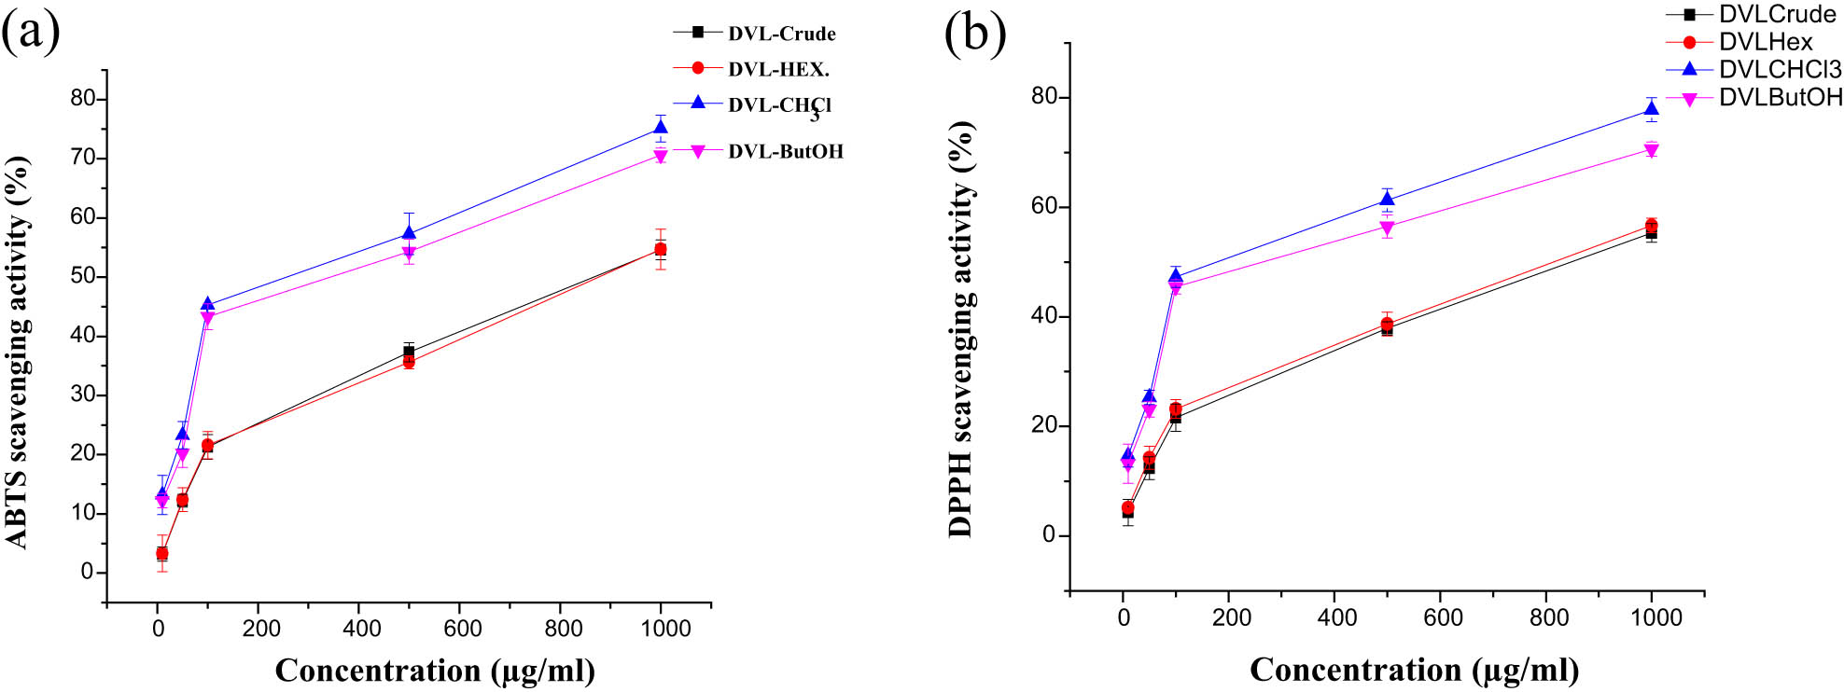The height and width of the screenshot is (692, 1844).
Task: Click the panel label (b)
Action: [975, 35]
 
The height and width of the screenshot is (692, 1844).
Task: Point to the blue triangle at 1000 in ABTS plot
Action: [661, 128]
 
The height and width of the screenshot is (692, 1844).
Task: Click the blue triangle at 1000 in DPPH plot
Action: [1651, 109]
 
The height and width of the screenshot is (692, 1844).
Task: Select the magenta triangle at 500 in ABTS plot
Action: [409, 253]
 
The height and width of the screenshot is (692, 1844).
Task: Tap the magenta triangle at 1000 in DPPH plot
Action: [1651, 150]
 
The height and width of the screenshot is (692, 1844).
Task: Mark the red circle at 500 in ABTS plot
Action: [409, 362]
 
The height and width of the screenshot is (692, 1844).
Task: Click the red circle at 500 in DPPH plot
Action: [1387, 324]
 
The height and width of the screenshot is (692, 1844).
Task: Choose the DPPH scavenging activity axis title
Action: [960, 328]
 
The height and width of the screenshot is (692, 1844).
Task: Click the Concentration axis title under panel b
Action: [1414, 670]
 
